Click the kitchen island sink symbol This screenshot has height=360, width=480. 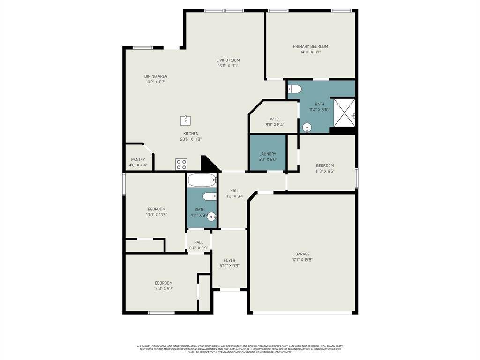(x=186, y=120)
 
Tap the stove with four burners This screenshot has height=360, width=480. (x=181, y=165)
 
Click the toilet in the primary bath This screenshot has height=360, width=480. (x=294, y=89)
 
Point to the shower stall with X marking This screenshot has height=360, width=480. (x=343, y=113)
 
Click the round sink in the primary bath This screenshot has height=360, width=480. (x=307, y=127)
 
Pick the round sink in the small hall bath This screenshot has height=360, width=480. (x=211, y=216)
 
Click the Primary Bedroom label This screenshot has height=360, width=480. (x=310, y=46)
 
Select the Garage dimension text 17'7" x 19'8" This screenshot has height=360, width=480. (x=302, y=260)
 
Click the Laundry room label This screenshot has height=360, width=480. (x=268, y=154)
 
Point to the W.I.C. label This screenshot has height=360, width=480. (x=275, y=119)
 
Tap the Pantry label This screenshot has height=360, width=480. (x=138, y=159)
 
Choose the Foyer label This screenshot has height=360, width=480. (x=229, y=260)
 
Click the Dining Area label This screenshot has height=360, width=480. (x=156, y=76)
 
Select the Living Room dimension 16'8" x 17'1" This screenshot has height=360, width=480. (x=228, y=66)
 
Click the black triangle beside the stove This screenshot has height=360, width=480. (x=208, y=165)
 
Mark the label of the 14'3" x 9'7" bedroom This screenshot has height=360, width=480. (x=164, y=283)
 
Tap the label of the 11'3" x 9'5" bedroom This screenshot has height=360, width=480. (x=325, y=165)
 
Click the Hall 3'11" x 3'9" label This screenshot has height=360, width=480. (x=198, y=242)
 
